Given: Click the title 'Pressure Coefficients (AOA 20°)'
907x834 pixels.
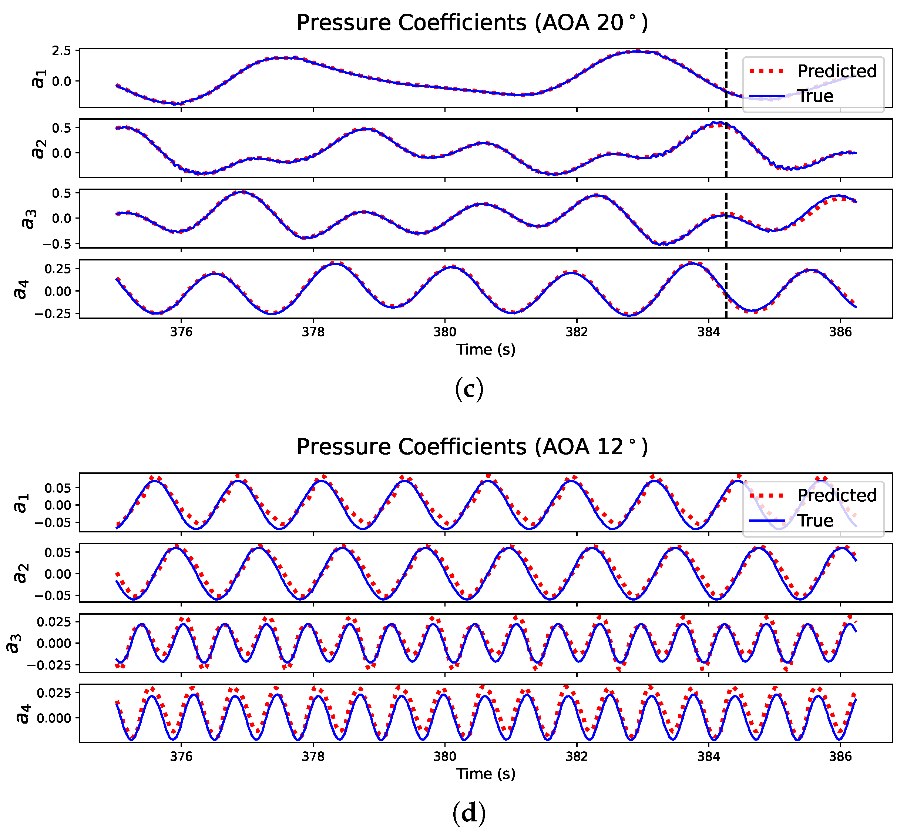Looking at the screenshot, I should [471, 23].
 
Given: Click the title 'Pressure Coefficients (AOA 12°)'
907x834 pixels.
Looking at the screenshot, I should [471, 447].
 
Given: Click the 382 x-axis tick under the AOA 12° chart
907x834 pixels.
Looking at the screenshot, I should [577, 757].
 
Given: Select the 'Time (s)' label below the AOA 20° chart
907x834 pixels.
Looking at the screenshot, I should [486, 350].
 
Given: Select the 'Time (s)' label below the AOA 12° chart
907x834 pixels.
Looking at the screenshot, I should [486, 774].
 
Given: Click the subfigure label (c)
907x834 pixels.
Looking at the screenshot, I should [469, 389].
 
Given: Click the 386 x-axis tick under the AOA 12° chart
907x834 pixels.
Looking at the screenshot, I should [840, 757].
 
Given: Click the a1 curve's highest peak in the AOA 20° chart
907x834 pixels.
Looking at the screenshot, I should [636, 51].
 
